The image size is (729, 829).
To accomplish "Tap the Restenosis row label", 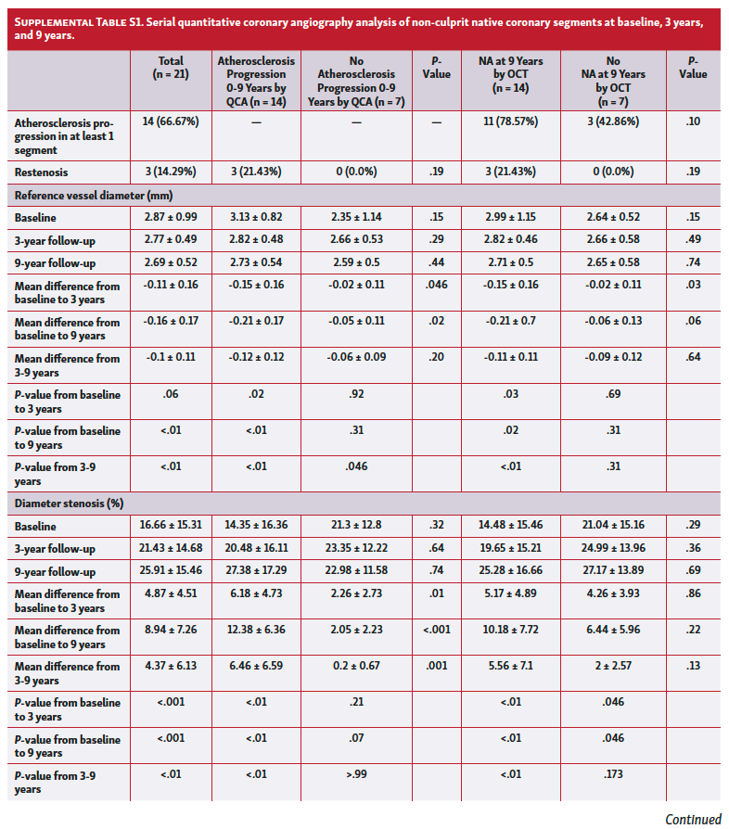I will [41, 172].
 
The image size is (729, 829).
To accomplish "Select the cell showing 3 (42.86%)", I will [611, 121].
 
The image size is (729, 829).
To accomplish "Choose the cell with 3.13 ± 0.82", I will [256, 217].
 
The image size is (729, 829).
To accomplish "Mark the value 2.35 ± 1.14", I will [357, 217].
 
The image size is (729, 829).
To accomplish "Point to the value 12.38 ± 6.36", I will [256, 630].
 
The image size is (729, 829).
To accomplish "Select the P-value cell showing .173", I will [611, 774].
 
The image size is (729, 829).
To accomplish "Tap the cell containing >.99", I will [357, 774].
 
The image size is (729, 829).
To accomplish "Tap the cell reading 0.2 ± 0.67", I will [357, 666].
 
